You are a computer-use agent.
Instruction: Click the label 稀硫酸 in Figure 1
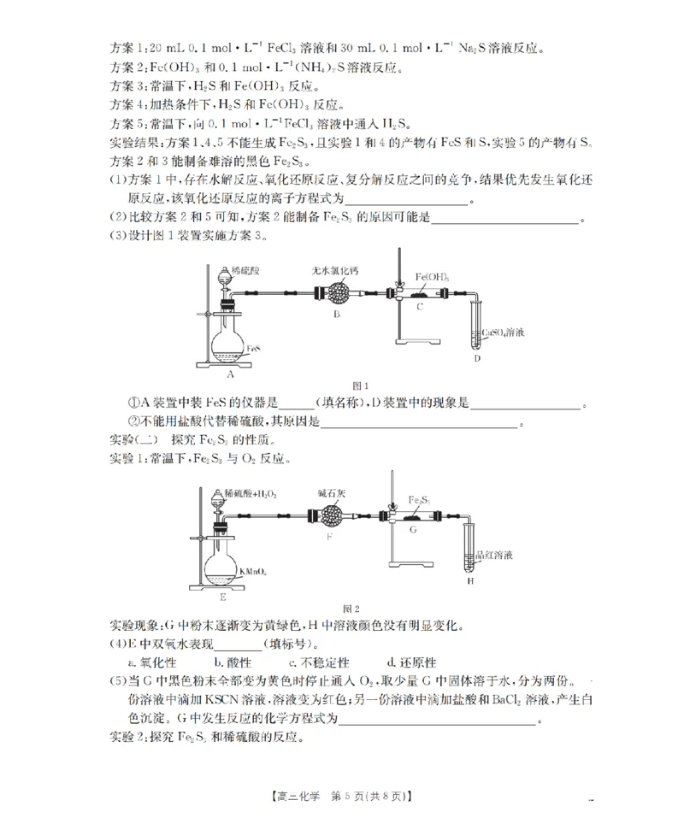245,270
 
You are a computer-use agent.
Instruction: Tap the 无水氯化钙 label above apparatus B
335,270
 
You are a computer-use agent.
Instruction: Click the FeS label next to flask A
254,350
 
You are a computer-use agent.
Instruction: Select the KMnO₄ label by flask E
253,570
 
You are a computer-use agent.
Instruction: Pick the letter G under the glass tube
412,530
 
